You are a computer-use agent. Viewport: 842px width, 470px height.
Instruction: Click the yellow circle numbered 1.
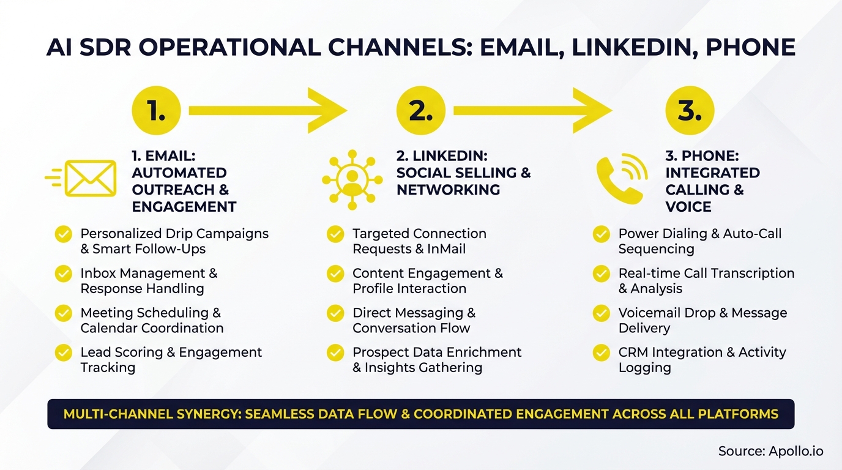[156, 110]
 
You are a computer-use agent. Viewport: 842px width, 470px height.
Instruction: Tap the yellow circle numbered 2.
[420, 110]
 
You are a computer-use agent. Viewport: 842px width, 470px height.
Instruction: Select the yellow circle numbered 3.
[690, 110]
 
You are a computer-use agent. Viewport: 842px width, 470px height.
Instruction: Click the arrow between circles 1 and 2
[267, 110]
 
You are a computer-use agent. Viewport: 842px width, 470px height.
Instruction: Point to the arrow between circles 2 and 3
[532, 110]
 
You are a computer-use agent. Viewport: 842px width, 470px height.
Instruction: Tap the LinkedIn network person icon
[352, 176]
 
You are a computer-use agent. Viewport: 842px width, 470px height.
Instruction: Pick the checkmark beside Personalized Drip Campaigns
[64, 234]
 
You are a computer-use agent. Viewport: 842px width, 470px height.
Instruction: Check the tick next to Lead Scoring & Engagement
[64, 352]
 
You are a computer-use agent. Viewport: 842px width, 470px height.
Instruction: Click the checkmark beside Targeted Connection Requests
[335, 234]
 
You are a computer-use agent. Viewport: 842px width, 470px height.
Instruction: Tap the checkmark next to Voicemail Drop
[602, 313]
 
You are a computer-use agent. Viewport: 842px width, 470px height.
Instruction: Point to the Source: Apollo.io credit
[770, 451]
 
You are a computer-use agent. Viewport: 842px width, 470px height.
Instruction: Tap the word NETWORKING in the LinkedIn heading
[448, 190]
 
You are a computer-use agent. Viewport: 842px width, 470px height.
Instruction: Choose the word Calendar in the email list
[108, 328]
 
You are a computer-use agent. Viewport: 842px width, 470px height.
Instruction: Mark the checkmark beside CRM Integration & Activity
[602, 352]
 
